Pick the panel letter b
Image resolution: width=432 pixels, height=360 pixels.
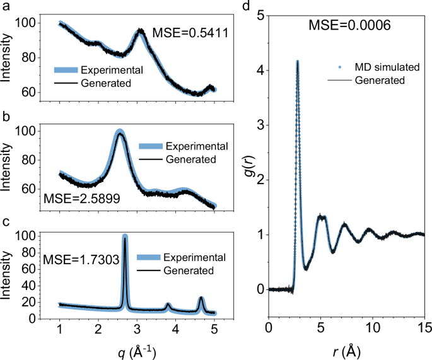point(5,117)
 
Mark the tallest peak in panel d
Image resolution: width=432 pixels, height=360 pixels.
point(297,62)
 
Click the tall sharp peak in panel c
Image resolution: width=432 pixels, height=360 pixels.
point(125,238)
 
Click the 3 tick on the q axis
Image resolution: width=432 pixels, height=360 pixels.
point(137,329)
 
